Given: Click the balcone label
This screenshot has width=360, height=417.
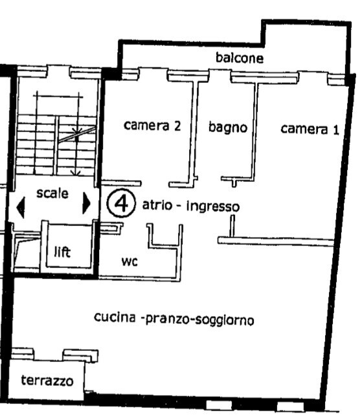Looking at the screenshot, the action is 240,58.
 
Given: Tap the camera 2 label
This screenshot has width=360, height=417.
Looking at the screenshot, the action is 152,125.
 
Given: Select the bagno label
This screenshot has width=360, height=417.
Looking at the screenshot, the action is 228,128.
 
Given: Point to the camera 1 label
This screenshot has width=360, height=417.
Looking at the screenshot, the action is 309,129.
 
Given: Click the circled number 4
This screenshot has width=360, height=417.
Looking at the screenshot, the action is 121,203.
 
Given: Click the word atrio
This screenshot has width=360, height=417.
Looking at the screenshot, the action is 157,205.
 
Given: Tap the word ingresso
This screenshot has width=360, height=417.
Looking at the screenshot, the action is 213,207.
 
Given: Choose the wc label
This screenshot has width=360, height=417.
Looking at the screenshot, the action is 129,262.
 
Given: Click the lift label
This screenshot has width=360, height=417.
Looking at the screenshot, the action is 62,252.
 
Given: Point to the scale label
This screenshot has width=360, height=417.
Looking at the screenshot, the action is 52,193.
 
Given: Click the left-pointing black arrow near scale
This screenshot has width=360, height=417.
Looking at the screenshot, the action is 21,208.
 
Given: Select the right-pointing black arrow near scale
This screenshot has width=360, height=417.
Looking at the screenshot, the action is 86,203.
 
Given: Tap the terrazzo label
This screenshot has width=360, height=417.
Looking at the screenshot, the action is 47,381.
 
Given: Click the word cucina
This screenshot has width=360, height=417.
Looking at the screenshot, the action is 115,317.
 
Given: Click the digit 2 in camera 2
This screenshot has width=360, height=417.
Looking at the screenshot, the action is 177,126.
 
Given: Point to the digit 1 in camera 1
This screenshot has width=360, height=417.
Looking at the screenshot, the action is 336,130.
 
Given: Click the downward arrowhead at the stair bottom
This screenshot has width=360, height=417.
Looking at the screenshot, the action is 76,173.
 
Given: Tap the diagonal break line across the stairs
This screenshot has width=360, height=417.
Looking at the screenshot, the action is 77,135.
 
